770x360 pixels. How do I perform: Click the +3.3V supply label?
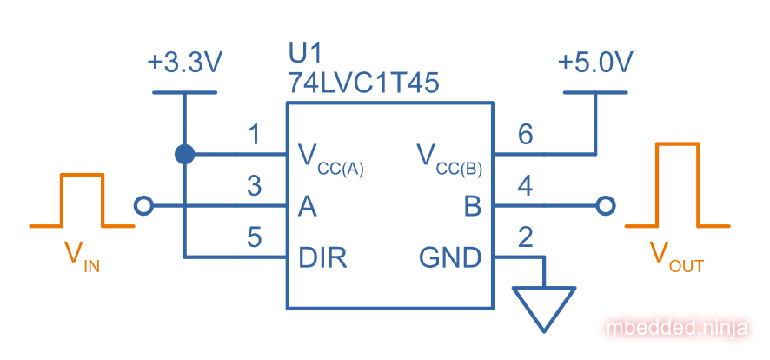pos(185,63)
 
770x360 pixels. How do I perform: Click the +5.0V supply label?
pos(595,63)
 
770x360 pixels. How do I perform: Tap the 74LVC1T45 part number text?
pos(363,83)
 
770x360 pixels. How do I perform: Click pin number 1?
pos(254,136)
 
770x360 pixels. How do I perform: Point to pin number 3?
pos(254,186)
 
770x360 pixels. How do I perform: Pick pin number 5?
pos(254,237)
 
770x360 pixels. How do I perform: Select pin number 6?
pos(524,135)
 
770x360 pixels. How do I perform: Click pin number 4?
pos(524,186)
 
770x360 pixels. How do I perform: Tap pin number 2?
pos(524,237)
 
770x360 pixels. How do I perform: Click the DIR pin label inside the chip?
pos(322,257)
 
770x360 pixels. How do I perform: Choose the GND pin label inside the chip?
pos(450,257)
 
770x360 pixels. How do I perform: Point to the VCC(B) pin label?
pos(448,158)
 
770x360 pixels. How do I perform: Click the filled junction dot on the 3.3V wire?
pos(184,155)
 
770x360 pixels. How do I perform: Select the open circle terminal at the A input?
pos(144,206)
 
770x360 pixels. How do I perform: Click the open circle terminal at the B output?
pos(607,206)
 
